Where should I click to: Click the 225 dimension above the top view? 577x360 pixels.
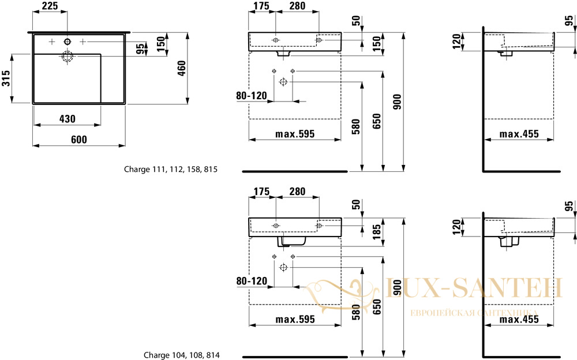click(50, 6)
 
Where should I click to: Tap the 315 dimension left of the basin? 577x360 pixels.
click(6, 78)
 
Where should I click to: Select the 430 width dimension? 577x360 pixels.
click(68, 118)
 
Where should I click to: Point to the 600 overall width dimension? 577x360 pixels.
click(79, 139)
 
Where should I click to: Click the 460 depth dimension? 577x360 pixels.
click(181, 69)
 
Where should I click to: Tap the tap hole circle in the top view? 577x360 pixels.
click(68, 42)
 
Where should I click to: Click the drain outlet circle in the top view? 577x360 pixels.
click(68, 57)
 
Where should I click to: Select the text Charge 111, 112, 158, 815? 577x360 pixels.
click(171, 169)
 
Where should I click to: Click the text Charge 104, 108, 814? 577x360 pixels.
click(181, 355)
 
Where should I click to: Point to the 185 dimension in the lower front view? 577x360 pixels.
click(377, 231)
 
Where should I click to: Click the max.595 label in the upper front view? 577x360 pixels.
click(295, 134)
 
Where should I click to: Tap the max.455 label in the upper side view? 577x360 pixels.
click(519, 134)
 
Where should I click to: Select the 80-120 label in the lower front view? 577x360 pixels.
click(252, 281)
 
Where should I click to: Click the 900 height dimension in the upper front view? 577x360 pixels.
click(398, 102)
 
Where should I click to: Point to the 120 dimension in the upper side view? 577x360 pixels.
click(456, 41)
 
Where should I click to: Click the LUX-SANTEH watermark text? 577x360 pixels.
click(474, 288)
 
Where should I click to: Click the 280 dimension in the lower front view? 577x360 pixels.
click(297, 192)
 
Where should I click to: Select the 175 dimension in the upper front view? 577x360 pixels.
click(261, 6)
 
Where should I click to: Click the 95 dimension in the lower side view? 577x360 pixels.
click(569, 206)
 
